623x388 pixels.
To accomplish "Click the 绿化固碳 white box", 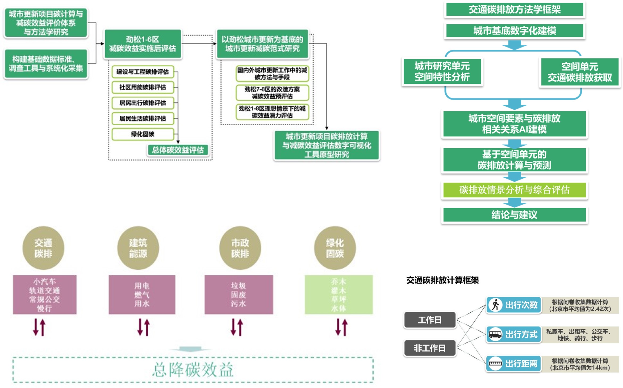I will tap(143, 134).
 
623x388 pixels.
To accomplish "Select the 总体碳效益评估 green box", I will tap(178, 150).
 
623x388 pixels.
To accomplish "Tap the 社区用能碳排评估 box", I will tap(143, 87).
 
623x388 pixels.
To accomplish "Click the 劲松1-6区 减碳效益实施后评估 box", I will tap(143, 44).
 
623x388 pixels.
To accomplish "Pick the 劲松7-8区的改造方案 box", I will tap(272, 93).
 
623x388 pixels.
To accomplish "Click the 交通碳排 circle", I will tap(43, 248).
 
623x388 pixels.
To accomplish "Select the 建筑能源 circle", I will tap(138, 248).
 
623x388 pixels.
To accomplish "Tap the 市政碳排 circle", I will tap(240, 248).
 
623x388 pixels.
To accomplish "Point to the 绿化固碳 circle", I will tap(335, 248).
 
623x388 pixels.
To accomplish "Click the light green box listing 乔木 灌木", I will tap(338, 295).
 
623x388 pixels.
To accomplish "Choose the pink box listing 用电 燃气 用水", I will tap(142, 295).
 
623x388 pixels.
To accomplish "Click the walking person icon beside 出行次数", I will tap(495, 305).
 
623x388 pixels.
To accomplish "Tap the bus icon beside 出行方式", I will tap(495, 334).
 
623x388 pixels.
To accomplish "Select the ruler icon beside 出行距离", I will tap(495, 364).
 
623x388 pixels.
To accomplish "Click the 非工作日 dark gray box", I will tap(430, 348).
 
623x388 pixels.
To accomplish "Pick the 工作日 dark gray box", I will tap(430, 320).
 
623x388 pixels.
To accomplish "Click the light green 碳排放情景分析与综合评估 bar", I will tap(514, 190).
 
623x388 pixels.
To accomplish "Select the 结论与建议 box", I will tap(514, 215).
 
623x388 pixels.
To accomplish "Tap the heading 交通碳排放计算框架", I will tap(442, 280).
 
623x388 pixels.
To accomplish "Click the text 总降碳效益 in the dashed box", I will tap(193, 370).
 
